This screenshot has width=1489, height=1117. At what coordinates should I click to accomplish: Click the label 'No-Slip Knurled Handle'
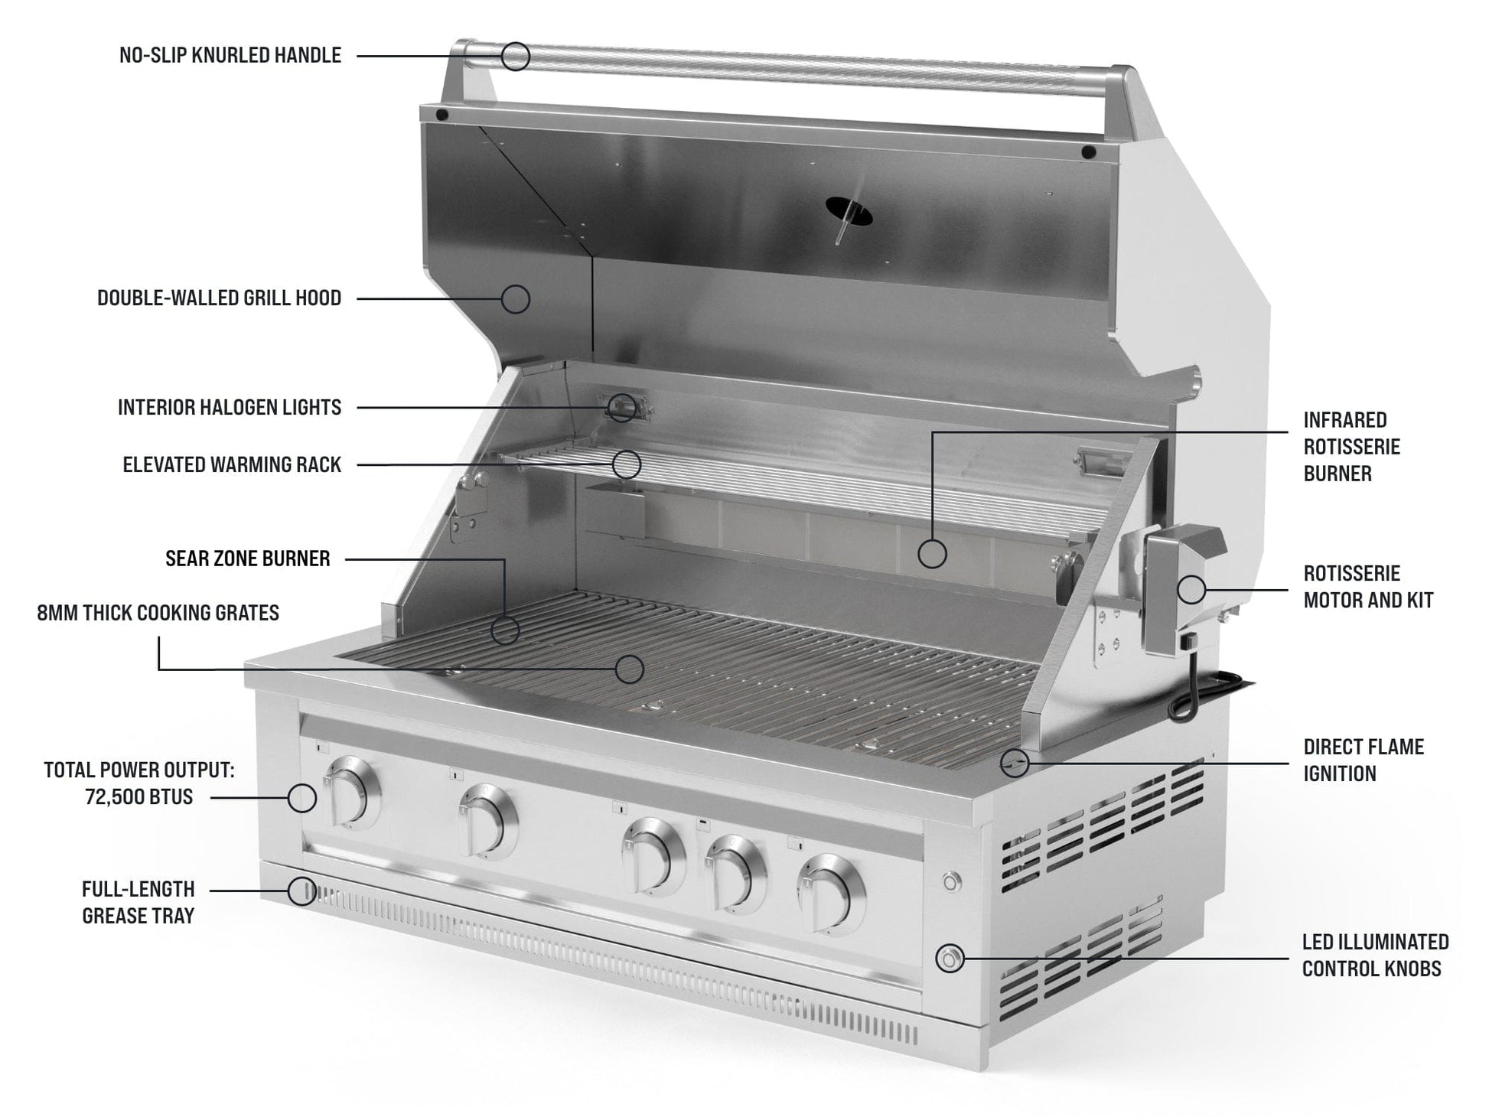pos(230,55)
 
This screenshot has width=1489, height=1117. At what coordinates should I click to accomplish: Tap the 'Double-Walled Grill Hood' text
pos(219,298)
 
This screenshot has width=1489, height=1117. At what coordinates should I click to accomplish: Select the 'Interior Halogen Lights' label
pos(229,407)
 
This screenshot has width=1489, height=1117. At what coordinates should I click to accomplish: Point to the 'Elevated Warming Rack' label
pos(232,464)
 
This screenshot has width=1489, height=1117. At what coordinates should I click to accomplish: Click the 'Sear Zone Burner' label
pos(247,558)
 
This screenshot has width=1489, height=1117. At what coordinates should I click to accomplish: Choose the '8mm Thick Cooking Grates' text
pos(158,613)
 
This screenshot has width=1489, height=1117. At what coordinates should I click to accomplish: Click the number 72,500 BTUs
pos(138,797)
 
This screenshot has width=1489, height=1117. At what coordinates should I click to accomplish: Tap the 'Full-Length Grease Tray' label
pos(138,902)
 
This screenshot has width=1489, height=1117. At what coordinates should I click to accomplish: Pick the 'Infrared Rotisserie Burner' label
pos(1351,447)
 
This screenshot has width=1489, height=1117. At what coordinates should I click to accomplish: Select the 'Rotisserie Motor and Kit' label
pos(1368,587)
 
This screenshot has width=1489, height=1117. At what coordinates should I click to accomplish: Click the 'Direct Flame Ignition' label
pos(1364,760)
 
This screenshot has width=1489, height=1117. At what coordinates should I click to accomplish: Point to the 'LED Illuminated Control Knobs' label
pos(1375,955)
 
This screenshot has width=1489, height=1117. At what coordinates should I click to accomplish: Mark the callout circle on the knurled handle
pos(516,56)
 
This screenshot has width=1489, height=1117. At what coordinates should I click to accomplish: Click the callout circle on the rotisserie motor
pos(1191,589)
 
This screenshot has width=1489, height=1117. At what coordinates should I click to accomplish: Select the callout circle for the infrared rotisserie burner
pos(932,553)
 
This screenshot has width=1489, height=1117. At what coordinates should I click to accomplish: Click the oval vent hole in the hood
pos(849,210)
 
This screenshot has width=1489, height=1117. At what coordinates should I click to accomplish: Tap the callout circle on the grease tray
pos(302,891)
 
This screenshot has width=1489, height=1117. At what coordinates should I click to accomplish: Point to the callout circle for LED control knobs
pos(950,958)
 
